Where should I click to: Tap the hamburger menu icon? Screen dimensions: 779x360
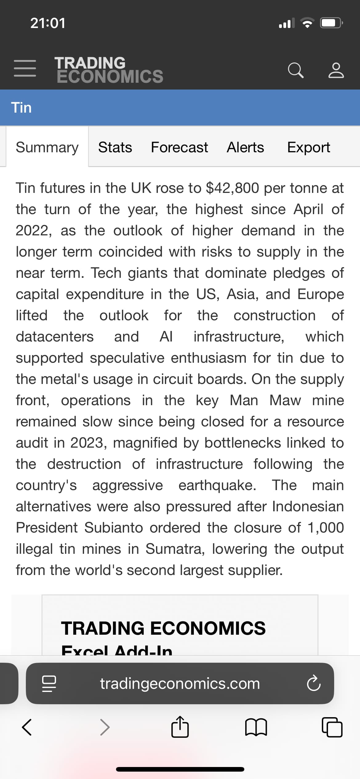[x=25, y=68]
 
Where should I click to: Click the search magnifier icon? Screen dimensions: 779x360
[x=296, y=70]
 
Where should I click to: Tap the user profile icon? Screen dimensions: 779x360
[x=336, y=70]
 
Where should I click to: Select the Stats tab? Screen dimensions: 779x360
[x=115, y=147]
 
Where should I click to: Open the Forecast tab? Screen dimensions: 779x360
[x=179, y=147]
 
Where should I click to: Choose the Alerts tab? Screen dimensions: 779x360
[x=245, y=147]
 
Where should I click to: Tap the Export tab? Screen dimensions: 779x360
[x=308, y=147]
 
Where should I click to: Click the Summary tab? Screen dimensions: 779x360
[x=47, y=147]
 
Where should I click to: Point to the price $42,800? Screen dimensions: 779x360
[x=232, y=188]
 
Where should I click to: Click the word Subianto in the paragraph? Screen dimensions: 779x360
[x=114, y=528]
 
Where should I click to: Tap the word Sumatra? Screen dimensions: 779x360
[x=175, y=549]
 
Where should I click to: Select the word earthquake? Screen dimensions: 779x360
[x=217, y=485]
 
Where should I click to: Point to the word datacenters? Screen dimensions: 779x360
[x=55, y=337]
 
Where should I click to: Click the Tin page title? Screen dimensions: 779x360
[x=22, y=108]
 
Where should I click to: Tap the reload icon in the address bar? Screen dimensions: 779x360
[x=314, y=683]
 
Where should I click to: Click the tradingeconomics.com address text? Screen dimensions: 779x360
[x=180, y=683]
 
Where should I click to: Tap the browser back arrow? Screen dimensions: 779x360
[x=27, y=727]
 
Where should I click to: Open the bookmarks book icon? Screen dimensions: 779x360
[x=256, y=727]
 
